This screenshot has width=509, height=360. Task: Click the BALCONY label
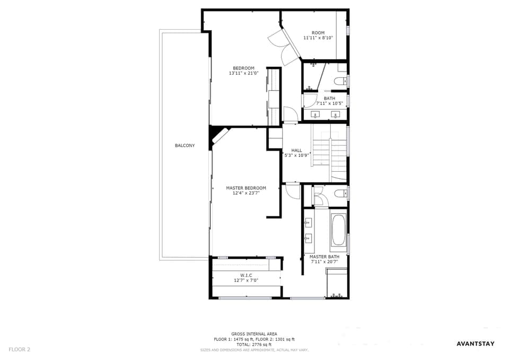point(185,145)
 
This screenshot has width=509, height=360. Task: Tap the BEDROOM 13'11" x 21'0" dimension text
point(243,73)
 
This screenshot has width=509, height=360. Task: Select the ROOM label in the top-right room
point(318,33)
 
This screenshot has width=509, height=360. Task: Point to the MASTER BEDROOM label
point(246,188)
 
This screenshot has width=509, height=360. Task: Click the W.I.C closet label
point(246,275)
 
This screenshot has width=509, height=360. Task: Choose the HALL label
point(297,150)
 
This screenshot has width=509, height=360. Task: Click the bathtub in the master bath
point(339,230)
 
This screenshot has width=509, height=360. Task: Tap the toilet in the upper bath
point(340,81)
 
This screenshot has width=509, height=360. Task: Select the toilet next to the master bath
point(340,194)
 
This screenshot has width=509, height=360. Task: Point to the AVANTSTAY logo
point(476,344)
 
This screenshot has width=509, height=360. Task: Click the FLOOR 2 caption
point(19,349)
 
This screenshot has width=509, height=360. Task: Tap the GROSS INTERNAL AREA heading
point(254,334)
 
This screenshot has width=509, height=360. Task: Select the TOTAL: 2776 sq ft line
point(254,345)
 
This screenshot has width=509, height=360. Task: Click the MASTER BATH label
point(324,257)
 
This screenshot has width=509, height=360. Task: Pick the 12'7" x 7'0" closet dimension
point(246,280)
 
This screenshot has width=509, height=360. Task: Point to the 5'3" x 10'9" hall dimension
point(297,155)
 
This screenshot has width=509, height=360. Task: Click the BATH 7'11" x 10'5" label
point(329,101)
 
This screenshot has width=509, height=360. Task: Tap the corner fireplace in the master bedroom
point(220,135)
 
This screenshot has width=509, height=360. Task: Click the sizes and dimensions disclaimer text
point(254,350)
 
